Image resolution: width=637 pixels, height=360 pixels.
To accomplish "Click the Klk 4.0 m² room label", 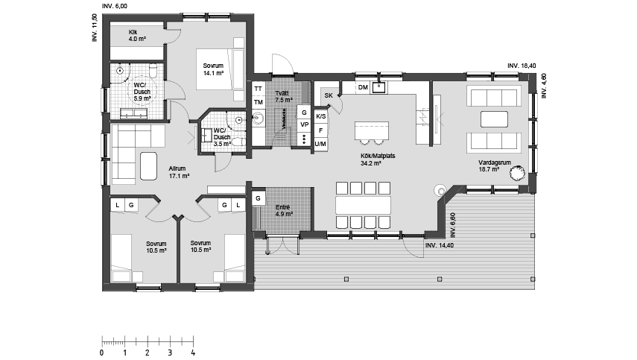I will coord(137,35).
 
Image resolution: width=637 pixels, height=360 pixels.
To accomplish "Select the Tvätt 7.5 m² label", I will coord(282,96).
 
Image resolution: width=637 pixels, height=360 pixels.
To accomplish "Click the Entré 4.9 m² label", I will coord(284,209).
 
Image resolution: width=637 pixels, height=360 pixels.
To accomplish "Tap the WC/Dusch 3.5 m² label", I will coord(222,137).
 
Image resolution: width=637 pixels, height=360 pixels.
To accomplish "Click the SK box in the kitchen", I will coord(328,95).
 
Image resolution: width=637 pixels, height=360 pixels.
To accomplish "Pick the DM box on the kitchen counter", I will coord(363,88).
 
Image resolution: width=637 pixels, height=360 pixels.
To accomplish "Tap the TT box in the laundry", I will coord(259,88).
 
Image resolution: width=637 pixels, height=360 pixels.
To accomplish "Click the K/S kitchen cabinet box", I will coord(320,117).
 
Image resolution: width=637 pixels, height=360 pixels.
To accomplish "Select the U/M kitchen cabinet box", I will coord(320,144).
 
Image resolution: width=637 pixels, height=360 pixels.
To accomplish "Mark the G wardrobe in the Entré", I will coord(258,198).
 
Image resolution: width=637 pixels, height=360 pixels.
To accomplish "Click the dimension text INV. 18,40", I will coord(522,66).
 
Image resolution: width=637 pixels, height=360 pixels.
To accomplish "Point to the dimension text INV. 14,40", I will coord(440,245).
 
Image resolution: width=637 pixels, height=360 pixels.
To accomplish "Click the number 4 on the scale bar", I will coord(193,352).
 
